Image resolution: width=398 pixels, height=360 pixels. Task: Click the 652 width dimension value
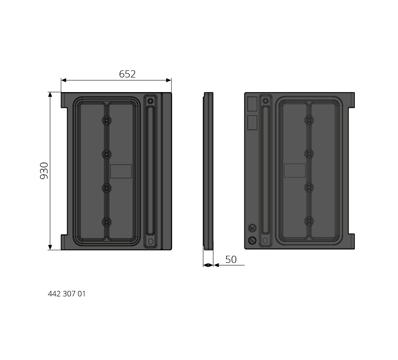tap(127, 74)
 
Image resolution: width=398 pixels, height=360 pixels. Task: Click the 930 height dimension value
tap(44, 171)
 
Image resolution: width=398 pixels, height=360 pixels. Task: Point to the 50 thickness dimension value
tap(231, 260)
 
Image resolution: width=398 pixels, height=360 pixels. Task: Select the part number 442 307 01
tap(67, 294)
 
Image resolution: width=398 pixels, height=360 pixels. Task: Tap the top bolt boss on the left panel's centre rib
tap(106, 120)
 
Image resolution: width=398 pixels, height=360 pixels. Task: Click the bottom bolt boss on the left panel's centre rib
tap(106, 222)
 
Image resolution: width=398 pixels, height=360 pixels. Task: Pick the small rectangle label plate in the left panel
tap(121, 171)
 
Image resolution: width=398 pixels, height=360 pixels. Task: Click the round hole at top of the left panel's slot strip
tap(150, 101)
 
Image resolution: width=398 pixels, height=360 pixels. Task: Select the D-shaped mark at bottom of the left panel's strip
tap(150, 241)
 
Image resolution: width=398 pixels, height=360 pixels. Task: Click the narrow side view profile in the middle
tap(208, 171)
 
